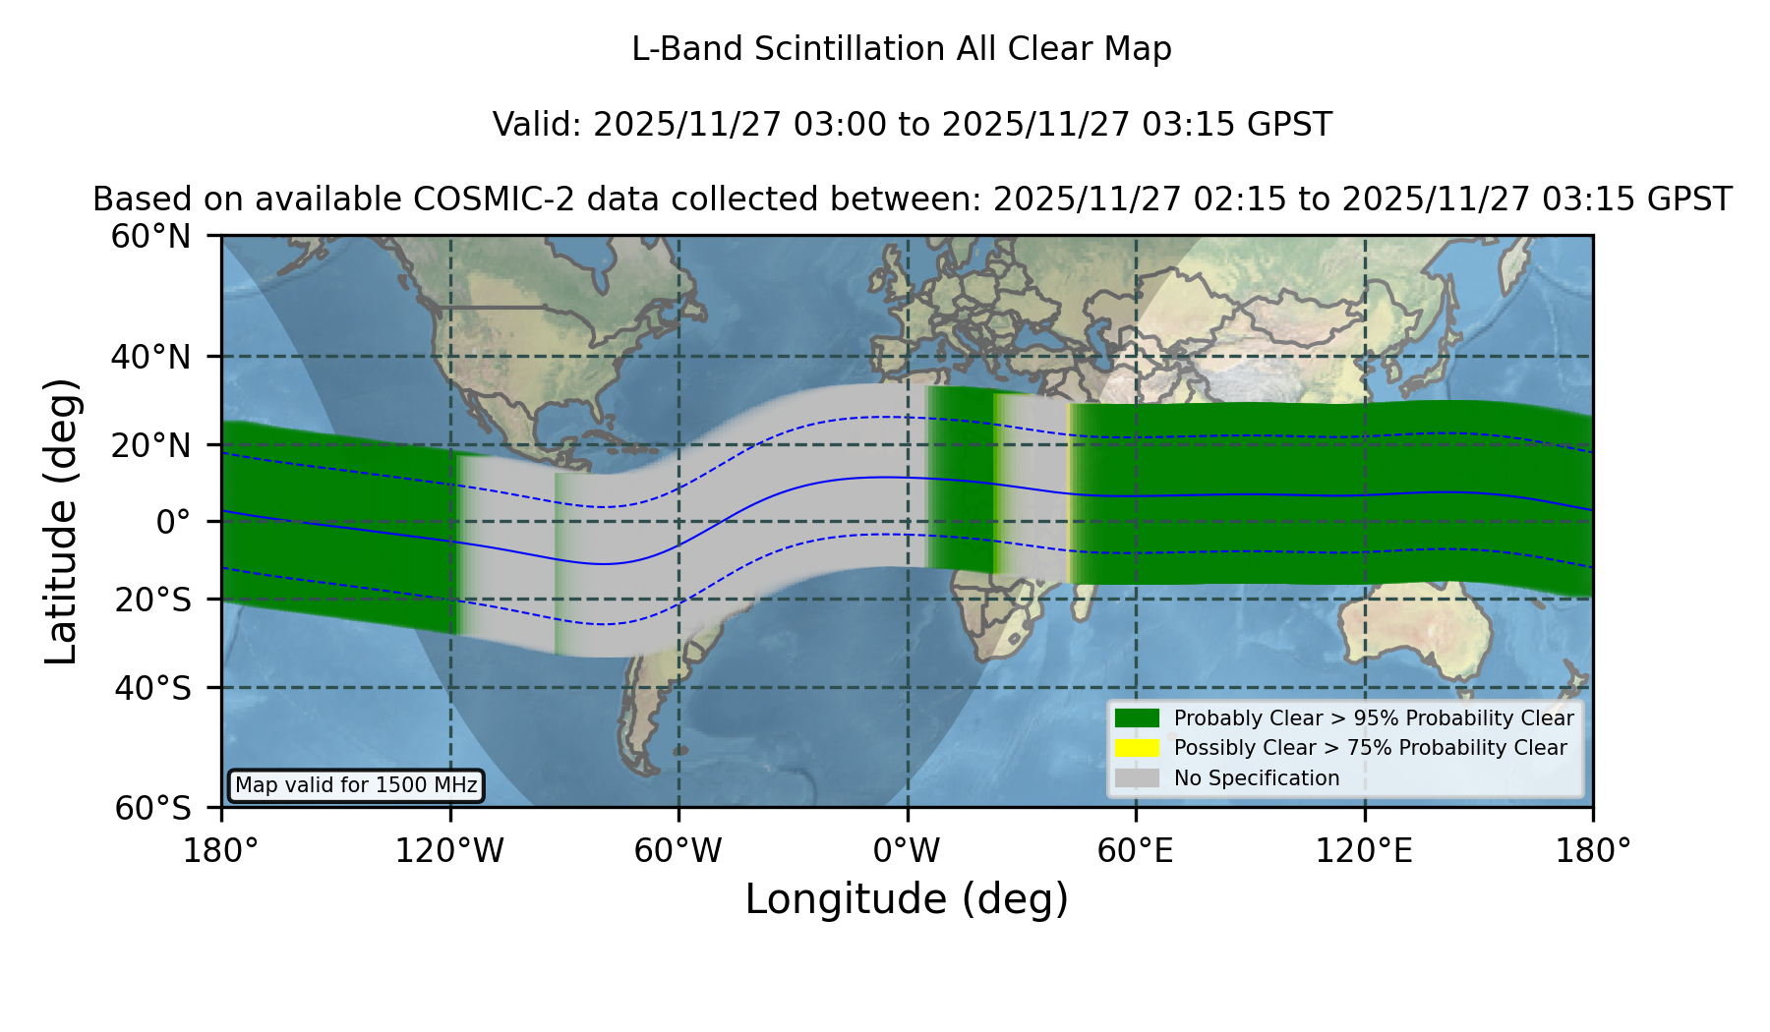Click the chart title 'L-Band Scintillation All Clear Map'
click(x=901, y=49)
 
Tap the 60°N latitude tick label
click(x=150, y=236)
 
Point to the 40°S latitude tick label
click(x=152, y=688)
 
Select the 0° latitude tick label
click(x=173, y=521)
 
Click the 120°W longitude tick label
click(x=449, y=851)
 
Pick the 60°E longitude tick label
click(x=1136, y=851)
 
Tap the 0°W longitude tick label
click(x=907, y=851)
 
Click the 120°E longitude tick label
click(x=1364, y=851)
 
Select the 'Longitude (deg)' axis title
click(x=907, y=899)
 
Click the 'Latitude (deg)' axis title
click(x=61, y=521)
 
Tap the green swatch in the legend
click(x=1137, y=718)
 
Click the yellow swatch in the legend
click(x=1137, y=748)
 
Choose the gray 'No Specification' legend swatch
click(x=1137, y=778)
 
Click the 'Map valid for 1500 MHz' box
click(x=356, y=785)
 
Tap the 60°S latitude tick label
click(x=152, y=808)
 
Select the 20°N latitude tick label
click(x=150, y=445)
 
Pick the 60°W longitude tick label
click(x=678, y=851)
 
